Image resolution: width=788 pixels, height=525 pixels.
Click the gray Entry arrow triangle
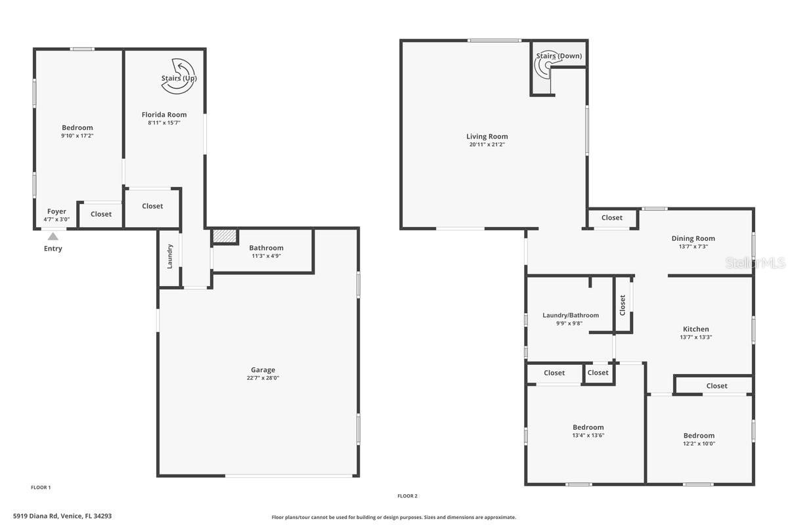[x=53, y=236]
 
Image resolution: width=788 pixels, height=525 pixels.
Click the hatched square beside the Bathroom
[x=225, y=236]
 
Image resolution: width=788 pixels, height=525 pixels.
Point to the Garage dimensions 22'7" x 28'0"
[x=263, y=378]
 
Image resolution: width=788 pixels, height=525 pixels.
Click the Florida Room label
[x=164, y=115]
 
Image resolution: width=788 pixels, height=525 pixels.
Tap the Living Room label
[x=487, y=136]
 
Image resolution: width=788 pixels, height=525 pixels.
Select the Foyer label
[x=56, y=211]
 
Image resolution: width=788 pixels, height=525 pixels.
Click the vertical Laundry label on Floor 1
[x=169, y=257]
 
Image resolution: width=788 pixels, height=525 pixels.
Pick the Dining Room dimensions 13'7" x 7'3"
[x=693, y=247]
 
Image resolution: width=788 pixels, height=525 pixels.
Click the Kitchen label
[x=696, y=329]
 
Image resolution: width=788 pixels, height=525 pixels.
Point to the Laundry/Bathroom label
[x=571, y=316]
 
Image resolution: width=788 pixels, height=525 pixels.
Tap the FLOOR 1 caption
[x=41, y=488]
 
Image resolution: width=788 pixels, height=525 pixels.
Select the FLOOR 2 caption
[x=407, y=496]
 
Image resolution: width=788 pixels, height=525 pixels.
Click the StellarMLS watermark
[x=755, y=262]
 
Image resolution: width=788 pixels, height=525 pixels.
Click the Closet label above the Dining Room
[x=612, y=218]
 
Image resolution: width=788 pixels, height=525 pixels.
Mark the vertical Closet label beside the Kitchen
[x=623, y=305]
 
